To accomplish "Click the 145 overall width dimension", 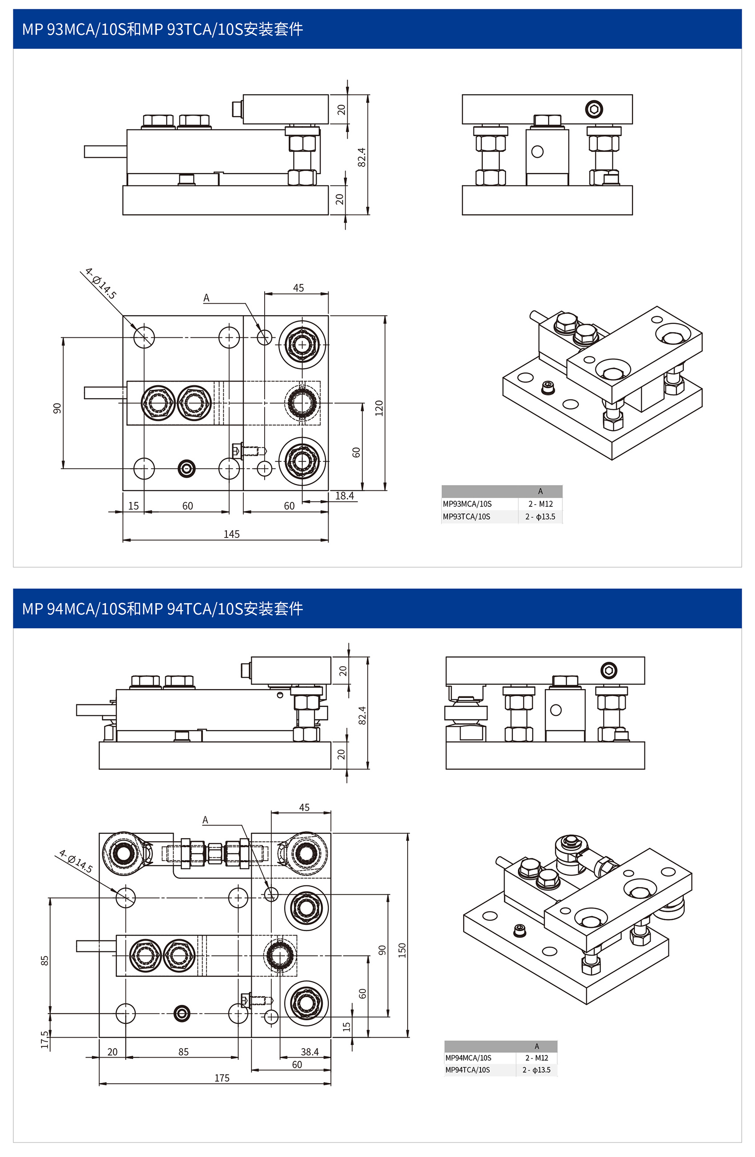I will coord(231,534).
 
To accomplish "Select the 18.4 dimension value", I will coord(345,495).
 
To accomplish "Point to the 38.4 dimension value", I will coord(310,1051).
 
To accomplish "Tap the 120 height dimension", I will coord(379,408).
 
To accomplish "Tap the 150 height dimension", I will coord(402,950).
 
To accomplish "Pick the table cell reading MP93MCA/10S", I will coord(467,504).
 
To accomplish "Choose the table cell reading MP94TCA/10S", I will coord(468,1070).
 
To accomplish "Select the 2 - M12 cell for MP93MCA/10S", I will coord(540,504).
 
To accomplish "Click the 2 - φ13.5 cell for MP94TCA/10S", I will coord(536,1070).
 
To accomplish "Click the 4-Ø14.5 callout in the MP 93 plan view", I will coord(101,284).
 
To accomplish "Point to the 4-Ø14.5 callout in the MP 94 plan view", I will coord(76,861).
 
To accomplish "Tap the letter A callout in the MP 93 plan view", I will coord(206,297).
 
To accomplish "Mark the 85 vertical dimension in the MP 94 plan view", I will coord(45,960).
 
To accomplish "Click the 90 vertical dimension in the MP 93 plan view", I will coord(57,408).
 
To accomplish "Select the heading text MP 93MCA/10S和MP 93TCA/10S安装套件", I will coord(163,29).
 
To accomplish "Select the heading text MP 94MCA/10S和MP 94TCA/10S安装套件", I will coord(163,608).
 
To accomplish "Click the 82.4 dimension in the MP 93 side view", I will coord(362,157).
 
